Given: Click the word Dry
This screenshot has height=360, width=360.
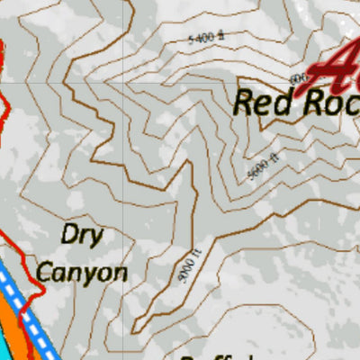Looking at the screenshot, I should point(83,236).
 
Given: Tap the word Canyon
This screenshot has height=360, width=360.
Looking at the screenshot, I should point(81,271).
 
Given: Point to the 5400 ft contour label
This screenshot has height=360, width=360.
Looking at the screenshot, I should point(205,39).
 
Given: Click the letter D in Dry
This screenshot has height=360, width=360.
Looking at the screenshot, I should point(70,235).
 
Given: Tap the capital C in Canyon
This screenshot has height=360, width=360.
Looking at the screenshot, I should point(44,270).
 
